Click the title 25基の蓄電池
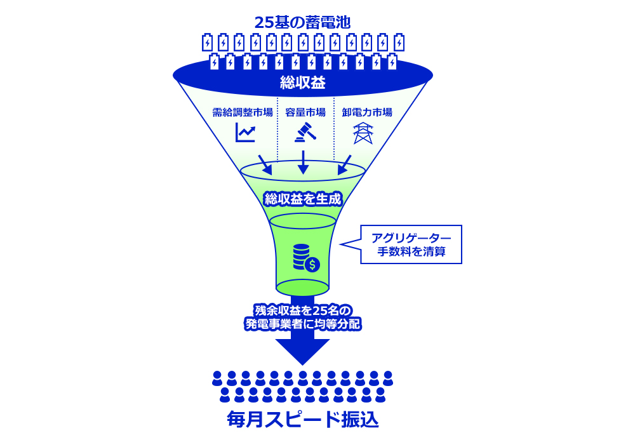(x=302, y=22)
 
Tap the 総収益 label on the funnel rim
(x=302, y=83)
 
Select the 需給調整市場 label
(x=243, y=112)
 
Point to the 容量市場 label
(x=305, y=112)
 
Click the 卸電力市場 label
(x=367, y=112)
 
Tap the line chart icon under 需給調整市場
(x=245, y=132)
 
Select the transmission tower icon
(x=363, y=133)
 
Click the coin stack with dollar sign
(x=306, y=258)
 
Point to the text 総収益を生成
(x=302, y=199)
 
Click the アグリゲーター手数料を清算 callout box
(x=411, y=244)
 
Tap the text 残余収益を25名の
(x=302, y=310)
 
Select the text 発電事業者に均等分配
(x=302, y=324)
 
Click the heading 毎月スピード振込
(x=302, y=420)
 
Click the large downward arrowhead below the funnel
(x=302, y=351)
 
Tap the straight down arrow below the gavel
(x=303, y=163)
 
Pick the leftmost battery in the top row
(x=207, y=42)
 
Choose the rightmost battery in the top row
(x=399, y=42)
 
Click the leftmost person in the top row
(x=217, y=378)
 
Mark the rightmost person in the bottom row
(x=380, y=395)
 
